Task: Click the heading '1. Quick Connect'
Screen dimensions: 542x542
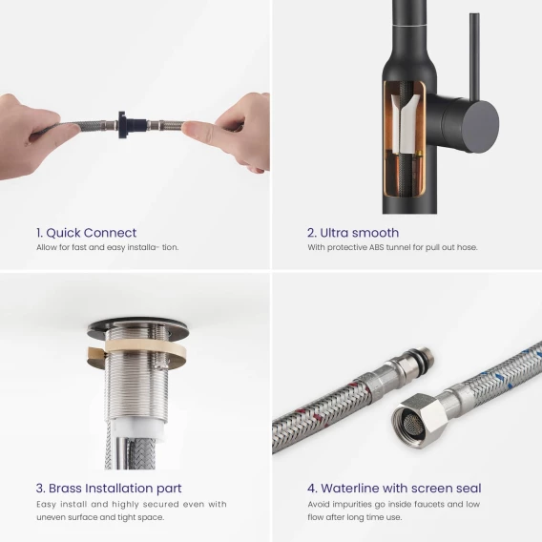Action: coord(86,233)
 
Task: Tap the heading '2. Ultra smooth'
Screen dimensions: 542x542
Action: coord(353,233)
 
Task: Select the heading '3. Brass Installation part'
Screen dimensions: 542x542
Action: coord(109,488)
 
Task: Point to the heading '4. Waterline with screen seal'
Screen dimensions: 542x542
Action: coord(394,488)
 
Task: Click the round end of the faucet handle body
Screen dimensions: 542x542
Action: coord(480,124)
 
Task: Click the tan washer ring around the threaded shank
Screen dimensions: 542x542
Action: coord(138,351)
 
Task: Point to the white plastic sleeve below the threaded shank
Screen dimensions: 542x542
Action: coord(136,429)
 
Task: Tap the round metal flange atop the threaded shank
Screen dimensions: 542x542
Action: coord(138,327)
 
